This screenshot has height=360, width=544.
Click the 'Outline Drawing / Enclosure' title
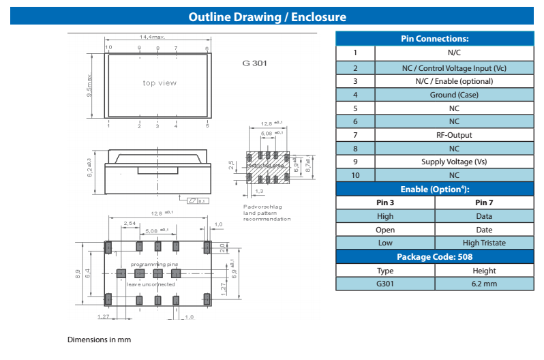point(267,17)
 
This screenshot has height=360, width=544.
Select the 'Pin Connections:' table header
point(434,39)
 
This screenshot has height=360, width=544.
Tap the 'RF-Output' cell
point(454,135)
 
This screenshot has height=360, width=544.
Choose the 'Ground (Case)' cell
point(454,95)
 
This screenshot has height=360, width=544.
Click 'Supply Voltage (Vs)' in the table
point(454,162)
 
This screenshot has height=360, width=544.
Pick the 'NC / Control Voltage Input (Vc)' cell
point(454,68)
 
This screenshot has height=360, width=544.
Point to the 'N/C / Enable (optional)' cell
point(454,81)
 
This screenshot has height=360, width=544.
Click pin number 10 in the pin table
point(354,175)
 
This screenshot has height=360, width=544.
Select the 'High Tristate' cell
point(484,243)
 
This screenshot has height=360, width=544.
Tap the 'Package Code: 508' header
point(434,256)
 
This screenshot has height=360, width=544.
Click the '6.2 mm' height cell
point(484,284)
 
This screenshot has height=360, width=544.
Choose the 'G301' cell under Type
point(385,284)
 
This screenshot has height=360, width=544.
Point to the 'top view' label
point(160,83)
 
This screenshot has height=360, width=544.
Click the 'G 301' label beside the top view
point(254,63)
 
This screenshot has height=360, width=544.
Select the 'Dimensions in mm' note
point(99,339)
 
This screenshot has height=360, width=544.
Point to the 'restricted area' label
point(265,166)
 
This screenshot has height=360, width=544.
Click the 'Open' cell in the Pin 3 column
point(385,230)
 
